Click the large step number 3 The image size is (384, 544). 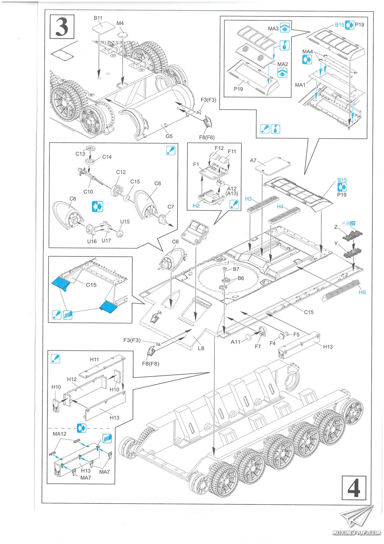[x=62, y=27]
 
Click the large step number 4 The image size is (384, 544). [x=354, y=489]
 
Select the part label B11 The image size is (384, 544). [x=98, y=18]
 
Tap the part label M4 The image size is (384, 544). [x=120, y=23]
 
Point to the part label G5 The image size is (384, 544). [x=169, y=136]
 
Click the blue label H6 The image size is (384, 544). [x=362, y=292]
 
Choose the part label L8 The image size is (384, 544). [x=201, y=348]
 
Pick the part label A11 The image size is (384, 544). [x=236, y=342]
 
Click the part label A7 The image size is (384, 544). [x=253, y=161]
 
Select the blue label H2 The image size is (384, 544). [x=196, y=205]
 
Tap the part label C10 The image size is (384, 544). [x=88, y=192]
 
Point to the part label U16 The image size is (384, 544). [x=92, y=241]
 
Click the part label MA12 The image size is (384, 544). [x=60, y=434]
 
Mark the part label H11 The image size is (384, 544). [x=94, y=359]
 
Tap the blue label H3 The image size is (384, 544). [x=248, y=199]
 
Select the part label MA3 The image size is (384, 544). [x=273, y=29]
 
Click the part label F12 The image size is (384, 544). [x=219, y=148]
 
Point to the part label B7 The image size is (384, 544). [x=236, y=269]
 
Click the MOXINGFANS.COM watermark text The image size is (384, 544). [x=356, y=533]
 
